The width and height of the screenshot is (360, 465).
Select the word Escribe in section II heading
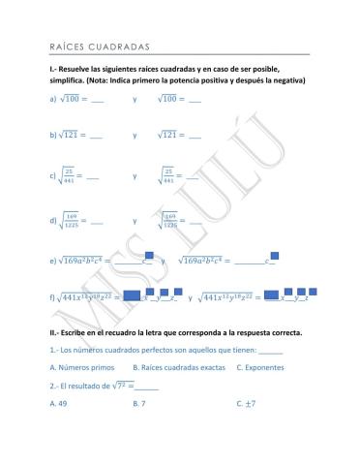point(80,332)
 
